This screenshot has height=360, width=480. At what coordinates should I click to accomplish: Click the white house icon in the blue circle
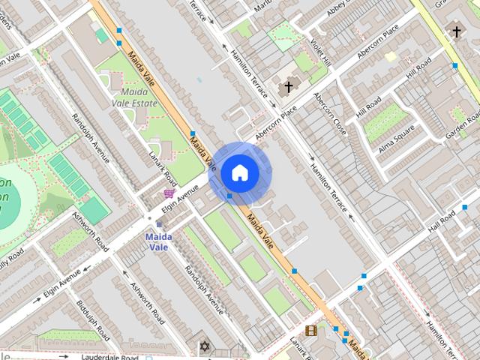(239, 172)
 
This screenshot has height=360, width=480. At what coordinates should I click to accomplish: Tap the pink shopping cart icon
(169, 193)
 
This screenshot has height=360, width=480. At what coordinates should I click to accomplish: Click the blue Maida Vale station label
(158, 241)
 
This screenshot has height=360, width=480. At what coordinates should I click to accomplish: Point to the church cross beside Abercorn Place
(287, 88)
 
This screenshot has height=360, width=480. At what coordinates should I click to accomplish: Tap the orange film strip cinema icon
(310, 331)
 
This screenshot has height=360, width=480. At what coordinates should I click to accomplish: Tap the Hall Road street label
(442, 222)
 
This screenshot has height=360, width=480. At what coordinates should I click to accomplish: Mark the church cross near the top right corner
(457, 31)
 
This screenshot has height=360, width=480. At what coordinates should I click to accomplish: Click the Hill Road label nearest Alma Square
(369, 107)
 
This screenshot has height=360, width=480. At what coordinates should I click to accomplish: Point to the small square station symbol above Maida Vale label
(159, 224)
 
